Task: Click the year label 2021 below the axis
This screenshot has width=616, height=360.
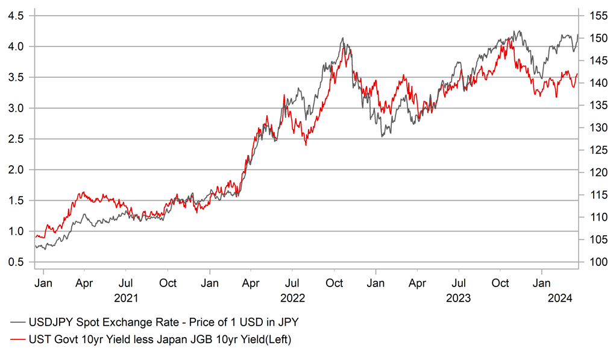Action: tap(126, 298)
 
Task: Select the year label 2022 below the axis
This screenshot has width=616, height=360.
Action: tap(292, 298)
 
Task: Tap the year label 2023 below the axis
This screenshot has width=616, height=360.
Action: tap(459, 298)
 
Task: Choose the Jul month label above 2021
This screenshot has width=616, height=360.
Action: tap(126, 282)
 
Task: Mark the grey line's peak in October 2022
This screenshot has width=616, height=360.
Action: tap(342, 38)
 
